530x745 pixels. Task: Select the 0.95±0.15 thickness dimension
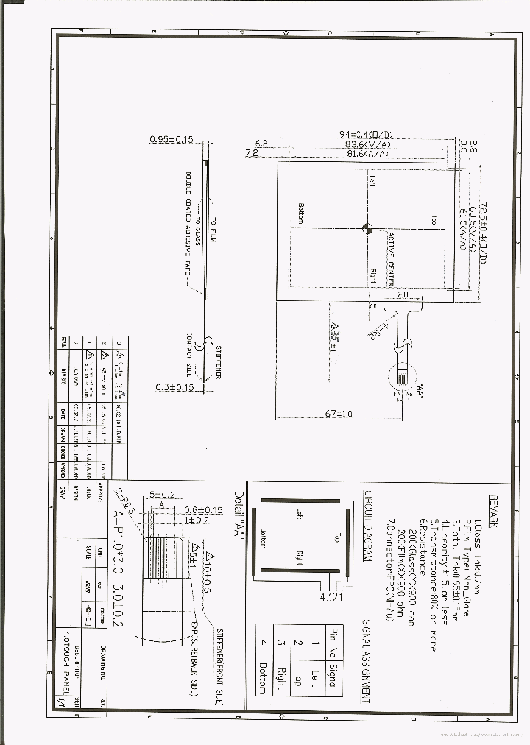pyautogui.click(x=171, y=139)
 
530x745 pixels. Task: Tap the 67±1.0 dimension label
pyautogui.click(x=338, y=414)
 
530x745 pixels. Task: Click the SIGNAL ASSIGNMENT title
pyautogui.click(x=366, y=662)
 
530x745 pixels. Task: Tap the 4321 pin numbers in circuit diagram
pyautogui.click(x=331, y=596)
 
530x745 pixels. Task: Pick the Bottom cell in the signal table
pyautogui.click(x=263, y=678)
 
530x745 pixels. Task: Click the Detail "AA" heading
pyautogui.click(x=237, y=516)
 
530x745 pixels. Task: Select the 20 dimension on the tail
pyautogui.click(x=402, y=294)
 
